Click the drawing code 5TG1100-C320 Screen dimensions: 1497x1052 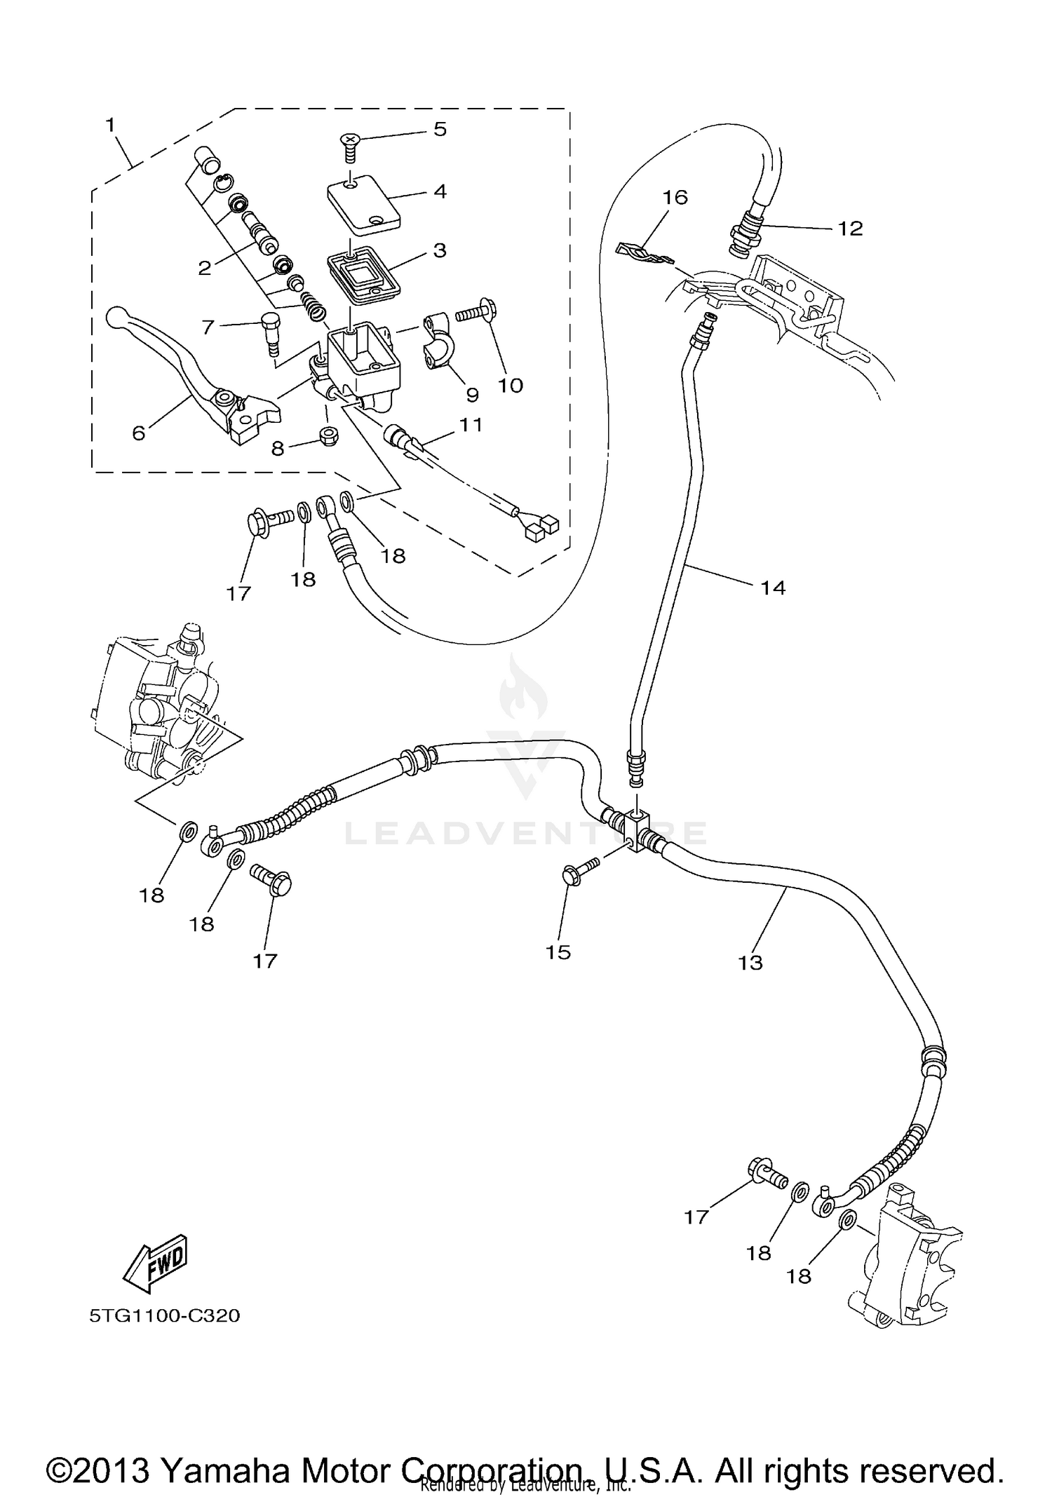165,1315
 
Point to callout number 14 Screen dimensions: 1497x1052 773,588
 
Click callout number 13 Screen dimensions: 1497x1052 750,962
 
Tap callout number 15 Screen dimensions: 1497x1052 558,952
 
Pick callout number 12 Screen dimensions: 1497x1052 850,229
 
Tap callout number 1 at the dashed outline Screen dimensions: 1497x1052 110,126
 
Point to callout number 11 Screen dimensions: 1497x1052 471,424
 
